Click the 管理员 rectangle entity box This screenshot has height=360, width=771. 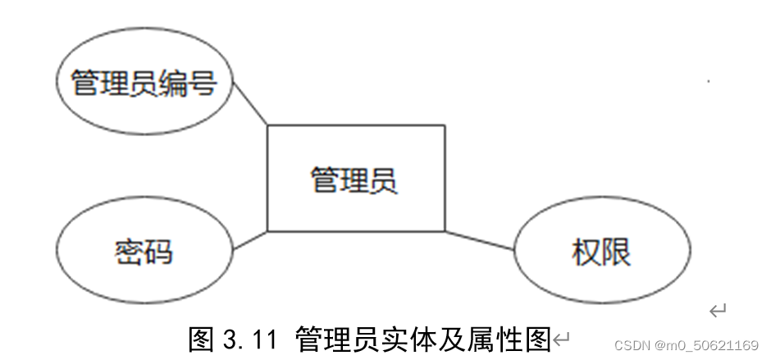(x=355, y=179)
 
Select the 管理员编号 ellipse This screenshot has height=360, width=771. (x=144, y=82)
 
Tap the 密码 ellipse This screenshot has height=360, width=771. (x=144, y=250)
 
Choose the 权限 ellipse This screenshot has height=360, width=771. (x=601, y=252)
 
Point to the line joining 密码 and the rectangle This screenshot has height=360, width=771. (x=250, y=240)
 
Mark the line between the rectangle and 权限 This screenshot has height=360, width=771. (x=480, y=240)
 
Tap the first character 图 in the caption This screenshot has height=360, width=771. (x=202, y=337)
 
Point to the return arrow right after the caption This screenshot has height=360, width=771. (x=561, y=337)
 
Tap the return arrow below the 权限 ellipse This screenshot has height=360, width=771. (x=718, y=310)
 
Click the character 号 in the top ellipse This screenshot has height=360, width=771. (x=203, y=83)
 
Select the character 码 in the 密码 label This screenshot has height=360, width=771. (x=159, y=251)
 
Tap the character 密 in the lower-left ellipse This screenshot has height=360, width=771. (x=130, y=251)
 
